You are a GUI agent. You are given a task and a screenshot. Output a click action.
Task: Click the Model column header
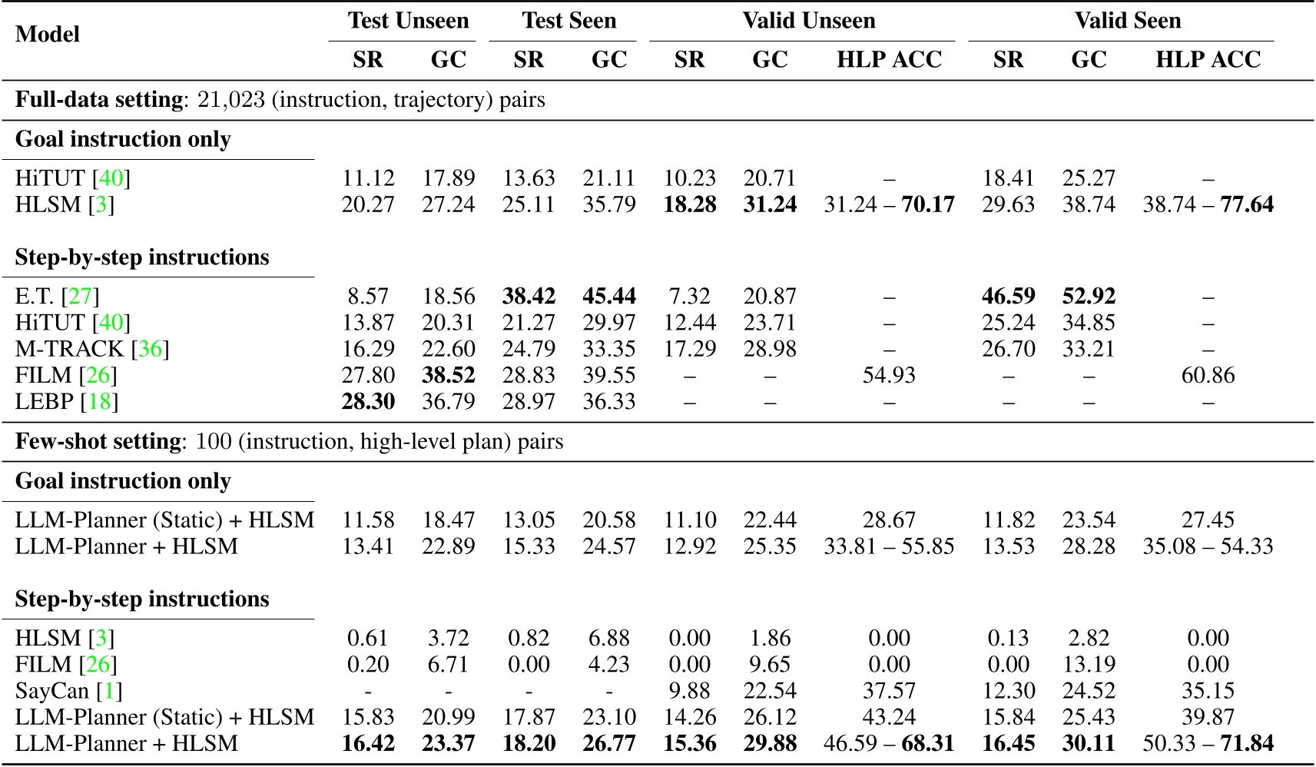(48, 35)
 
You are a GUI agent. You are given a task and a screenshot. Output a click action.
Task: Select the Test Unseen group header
(408, 21)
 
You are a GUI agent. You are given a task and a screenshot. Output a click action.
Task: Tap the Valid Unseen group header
(809, 21)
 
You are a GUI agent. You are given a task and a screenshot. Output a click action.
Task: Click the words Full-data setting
(99, 100)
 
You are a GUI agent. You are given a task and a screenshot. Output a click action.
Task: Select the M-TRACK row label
(70, 349)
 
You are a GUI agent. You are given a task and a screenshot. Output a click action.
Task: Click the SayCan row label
(52, 691)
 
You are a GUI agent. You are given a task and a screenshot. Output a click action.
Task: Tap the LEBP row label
(45, 401)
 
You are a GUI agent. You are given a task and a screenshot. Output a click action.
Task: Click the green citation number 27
(80, 297)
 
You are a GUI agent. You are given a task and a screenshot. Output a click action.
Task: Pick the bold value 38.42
(529, 297)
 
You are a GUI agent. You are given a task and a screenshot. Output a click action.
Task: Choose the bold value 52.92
(1089, 297)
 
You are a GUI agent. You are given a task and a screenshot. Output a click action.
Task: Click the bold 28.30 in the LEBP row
(368, 401)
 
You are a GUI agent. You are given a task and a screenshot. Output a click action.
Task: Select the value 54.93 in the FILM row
(889, 375)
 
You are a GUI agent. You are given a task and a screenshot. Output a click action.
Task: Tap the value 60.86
(1208, 375)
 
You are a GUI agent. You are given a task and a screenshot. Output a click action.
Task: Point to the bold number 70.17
(927, 205)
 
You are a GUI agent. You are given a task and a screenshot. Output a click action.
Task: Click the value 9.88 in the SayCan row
(689, 691)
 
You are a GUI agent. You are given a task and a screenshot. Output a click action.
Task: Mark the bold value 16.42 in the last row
(368, 744)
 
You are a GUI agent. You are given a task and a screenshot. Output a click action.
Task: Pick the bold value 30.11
(1089, 744)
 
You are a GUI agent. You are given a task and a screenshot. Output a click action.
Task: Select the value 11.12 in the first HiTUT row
(368, 178)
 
